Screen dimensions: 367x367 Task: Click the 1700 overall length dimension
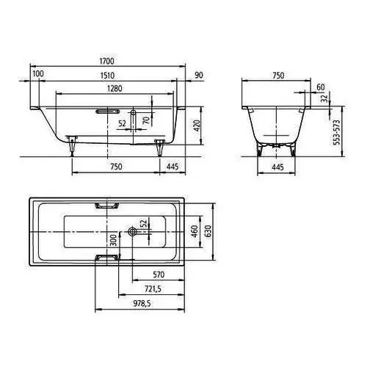point(107,61)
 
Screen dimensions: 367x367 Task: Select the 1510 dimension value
point(107,76)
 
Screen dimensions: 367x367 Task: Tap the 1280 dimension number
point(115,88)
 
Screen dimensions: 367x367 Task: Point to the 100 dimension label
point(38,73)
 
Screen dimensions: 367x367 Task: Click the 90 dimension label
point(199,75)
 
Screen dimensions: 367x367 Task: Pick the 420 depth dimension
point(197,126)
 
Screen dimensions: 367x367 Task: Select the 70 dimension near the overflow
point(146,120)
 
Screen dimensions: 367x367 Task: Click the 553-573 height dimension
point(337,132)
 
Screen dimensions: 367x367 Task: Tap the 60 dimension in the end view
point(321,87)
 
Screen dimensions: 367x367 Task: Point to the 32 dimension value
point(324,98)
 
